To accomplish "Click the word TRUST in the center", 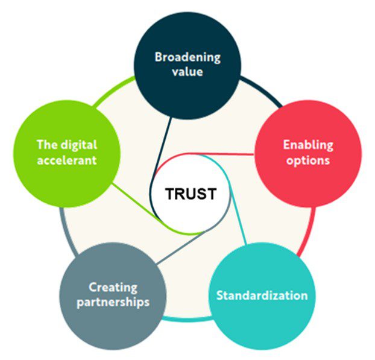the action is coord(191,194).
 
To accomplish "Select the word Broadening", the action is coord(187,57).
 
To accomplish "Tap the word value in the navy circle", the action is coord(187,72).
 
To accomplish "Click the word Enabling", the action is coord(308,145).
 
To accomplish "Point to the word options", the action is coord(308,160).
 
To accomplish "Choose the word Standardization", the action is coord(262,295).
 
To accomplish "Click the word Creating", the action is coord(113,288).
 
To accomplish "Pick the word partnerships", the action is coord(113,302).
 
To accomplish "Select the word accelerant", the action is coord(67,160).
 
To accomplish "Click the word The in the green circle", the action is coord(47,145).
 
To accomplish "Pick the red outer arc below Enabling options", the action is coord(309,231).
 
